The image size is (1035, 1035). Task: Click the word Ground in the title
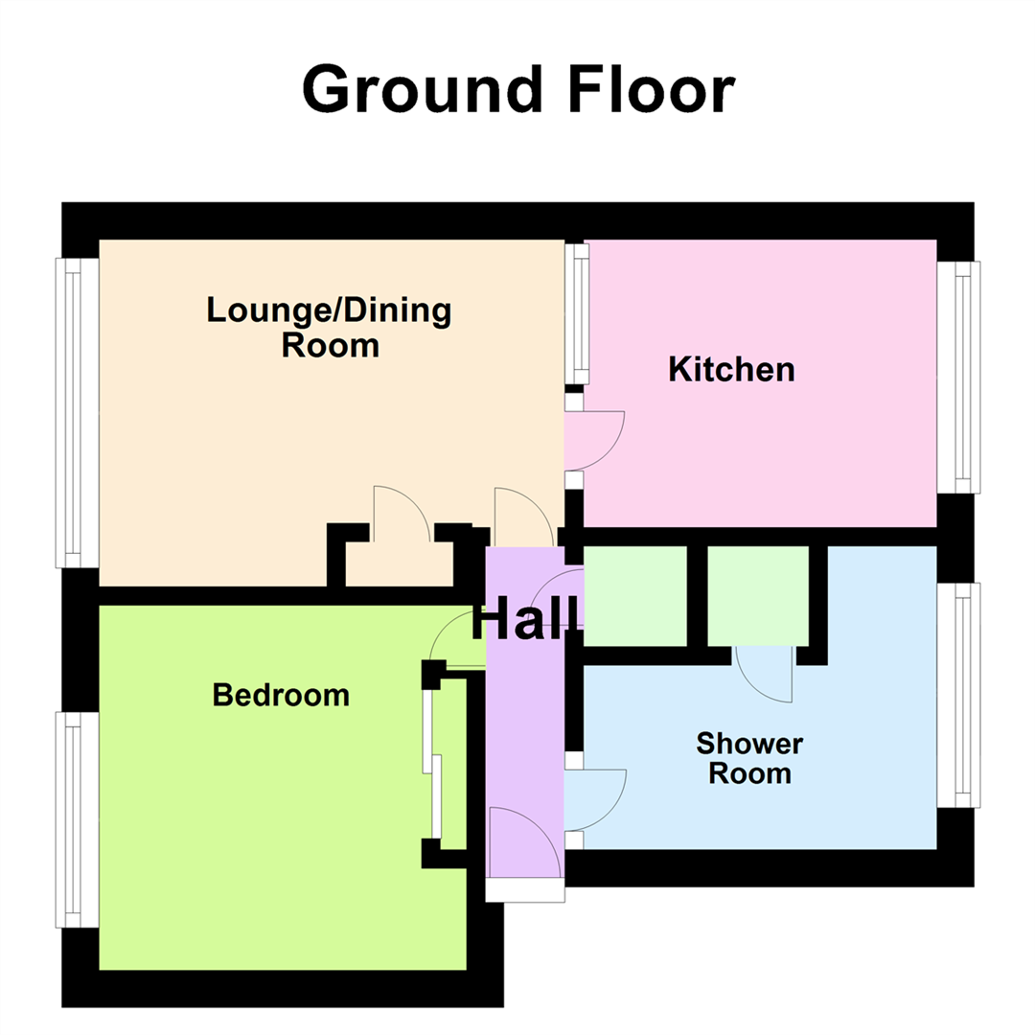(416, 91)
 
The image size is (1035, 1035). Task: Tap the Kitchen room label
(731, 369)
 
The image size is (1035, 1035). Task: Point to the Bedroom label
(281, 694)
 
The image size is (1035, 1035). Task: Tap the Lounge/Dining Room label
(329, 327)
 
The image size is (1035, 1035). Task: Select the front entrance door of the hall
(523, 841)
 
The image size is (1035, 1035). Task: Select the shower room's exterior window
(958, 695)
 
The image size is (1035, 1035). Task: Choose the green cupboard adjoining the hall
(635, 595)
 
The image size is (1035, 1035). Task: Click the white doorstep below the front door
(524, 890)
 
